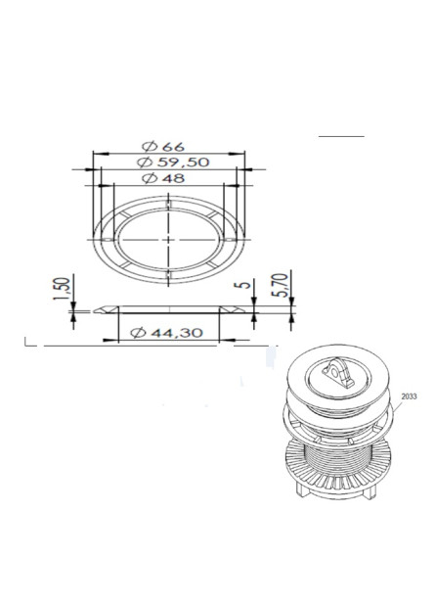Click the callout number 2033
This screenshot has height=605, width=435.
pos(409,396)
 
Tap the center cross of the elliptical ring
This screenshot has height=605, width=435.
pos(169,239)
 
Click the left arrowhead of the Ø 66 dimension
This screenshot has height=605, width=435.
pos(95,152)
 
